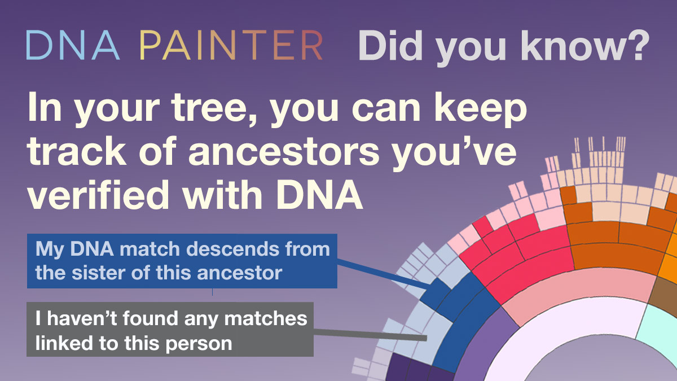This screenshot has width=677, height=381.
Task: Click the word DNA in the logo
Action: tap(72, 46)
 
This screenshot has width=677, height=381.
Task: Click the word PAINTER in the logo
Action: tap(231, 46)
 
